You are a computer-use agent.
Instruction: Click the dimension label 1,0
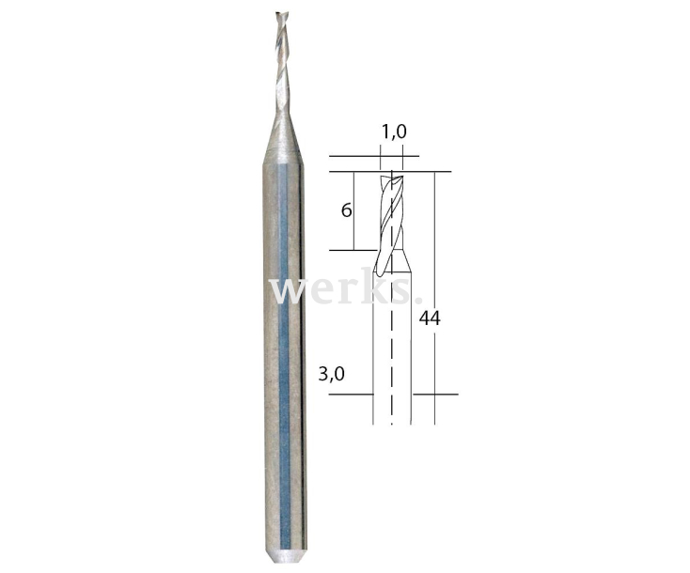[x=394, y=132]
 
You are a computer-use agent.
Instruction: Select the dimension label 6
[x=346, y=210]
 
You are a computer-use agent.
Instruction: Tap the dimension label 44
[x=430, y=317]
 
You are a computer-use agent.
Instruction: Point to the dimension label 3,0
[x=331, y=374]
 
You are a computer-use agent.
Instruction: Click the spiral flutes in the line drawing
[x=390, y=220]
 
